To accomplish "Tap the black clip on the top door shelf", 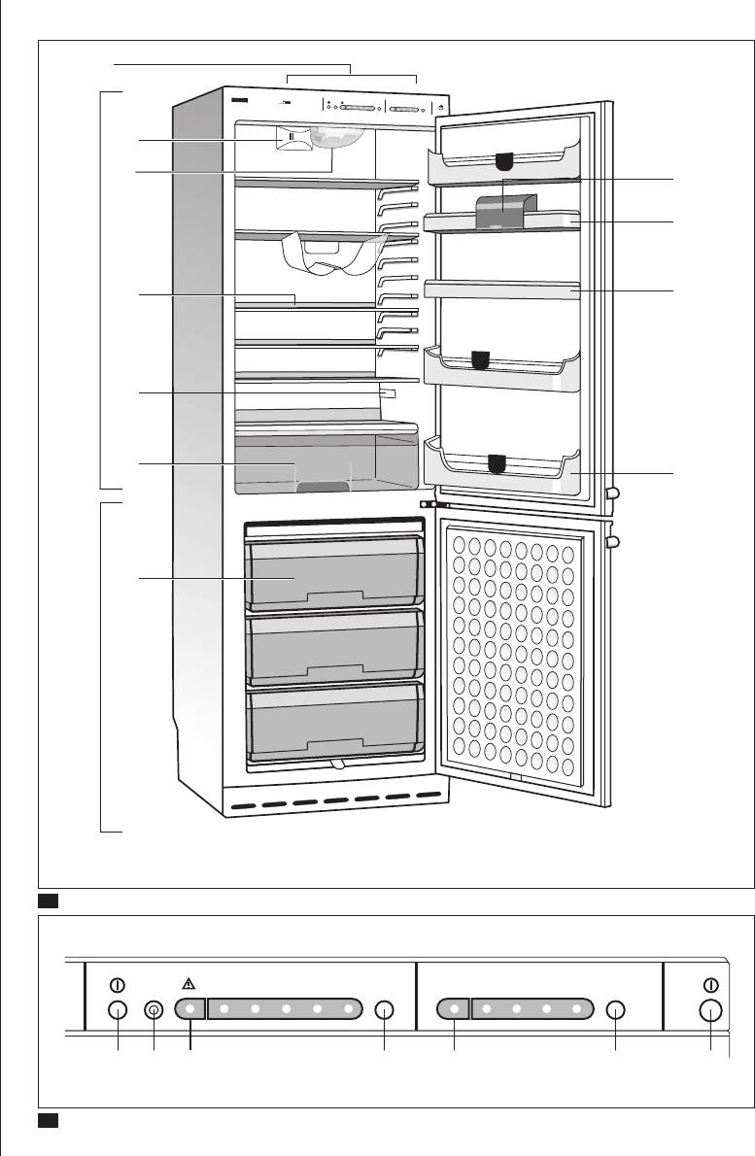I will point(503,160).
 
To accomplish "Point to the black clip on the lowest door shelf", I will point(497,462).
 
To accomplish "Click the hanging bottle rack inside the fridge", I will point(328,255).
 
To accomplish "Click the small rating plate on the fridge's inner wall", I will point(389,392).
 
